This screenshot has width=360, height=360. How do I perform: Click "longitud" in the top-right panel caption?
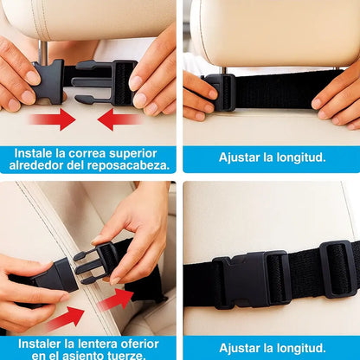click(299, 158)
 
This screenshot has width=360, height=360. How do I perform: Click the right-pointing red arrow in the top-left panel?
click(54, 119)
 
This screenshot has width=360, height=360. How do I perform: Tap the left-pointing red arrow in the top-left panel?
click(118, 119)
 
